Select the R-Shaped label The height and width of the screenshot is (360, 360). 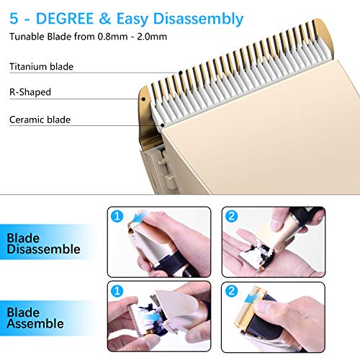(30, 93)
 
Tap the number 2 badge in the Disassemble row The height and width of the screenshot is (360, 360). (232, 217)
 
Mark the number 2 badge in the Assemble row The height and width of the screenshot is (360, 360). (232, 291)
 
